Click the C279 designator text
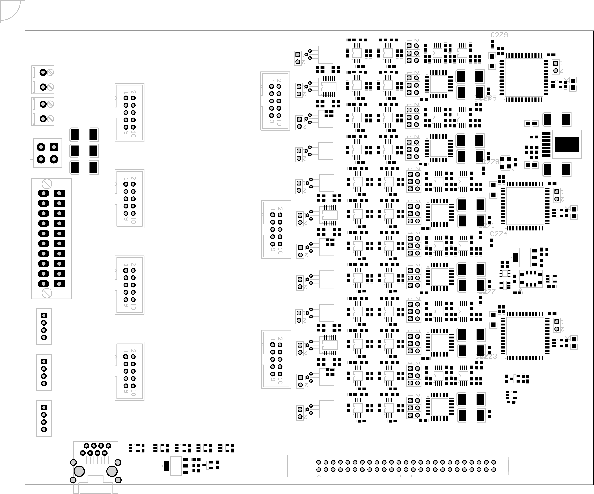coord(499,35)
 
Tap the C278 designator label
coord(491,162)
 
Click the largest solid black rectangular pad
coord(567,144)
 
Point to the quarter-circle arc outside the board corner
coord(11,11)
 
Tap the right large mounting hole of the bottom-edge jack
coord(112,471)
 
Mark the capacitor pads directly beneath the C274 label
coord(492,243)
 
